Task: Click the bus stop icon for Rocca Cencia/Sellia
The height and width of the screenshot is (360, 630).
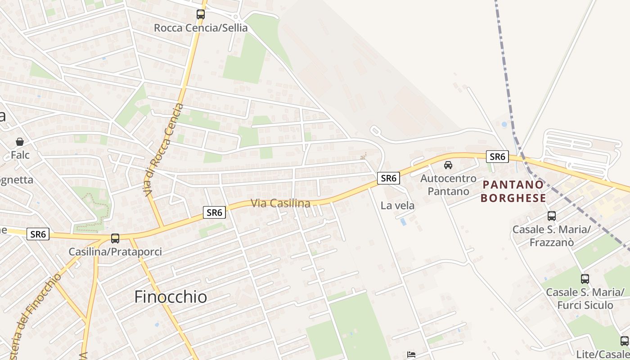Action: (201, 14)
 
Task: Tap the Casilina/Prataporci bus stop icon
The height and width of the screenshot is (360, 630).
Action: (115, 238)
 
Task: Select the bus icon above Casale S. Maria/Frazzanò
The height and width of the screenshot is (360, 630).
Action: (552, 216)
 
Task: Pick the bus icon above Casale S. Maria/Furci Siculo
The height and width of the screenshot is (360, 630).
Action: (585, 279)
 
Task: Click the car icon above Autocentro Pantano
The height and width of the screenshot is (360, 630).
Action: (448, 165)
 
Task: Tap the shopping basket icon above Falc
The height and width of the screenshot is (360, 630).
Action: (20, 142)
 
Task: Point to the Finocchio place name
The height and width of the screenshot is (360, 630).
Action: (171, 297)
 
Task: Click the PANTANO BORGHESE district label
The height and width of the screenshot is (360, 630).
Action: (513, 191)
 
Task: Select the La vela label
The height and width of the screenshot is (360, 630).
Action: (397, 206)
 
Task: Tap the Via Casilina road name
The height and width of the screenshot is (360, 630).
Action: (280, 203)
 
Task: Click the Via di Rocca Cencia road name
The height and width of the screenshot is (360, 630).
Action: (164, 149)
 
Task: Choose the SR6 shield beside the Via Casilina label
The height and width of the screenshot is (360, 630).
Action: (214, 212)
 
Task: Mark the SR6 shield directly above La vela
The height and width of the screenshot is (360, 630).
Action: (388, 178)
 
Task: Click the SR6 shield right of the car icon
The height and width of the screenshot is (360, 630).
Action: (497, 157)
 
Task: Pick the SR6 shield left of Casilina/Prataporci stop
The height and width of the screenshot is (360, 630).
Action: (38, 234)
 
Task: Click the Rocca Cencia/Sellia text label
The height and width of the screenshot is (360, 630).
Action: (201, 28)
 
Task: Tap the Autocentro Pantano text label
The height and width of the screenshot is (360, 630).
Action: (448, 185)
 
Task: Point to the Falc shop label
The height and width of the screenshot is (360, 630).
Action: (20, 155)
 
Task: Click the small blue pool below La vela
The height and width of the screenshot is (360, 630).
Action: (403, 222)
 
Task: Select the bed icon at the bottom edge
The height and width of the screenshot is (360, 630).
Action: (411, 355)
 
